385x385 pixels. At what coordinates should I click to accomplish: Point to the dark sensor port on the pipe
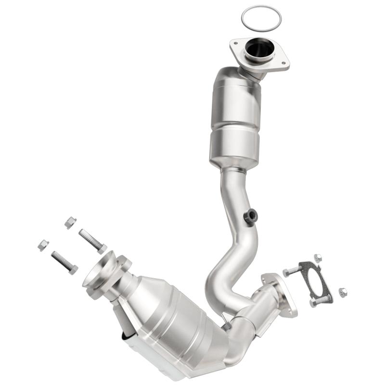click(x=251, y=217)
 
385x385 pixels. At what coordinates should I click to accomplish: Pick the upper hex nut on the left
click(x=70, y=222)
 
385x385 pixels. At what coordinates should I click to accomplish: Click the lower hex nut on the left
click(x=43, y=245)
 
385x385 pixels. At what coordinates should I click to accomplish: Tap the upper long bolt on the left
click(x=92, y=241)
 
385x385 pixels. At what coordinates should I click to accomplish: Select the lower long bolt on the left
click(x=64, y=262)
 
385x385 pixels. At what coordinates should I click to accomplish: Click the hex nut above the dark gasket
click(x=317, y=257)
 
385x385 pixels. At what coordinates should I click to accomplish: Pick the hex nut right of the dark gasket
click(x=343, y=292)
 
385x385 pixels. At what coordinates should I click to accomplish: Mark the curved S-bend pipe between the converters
click(x=226, y=269)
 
